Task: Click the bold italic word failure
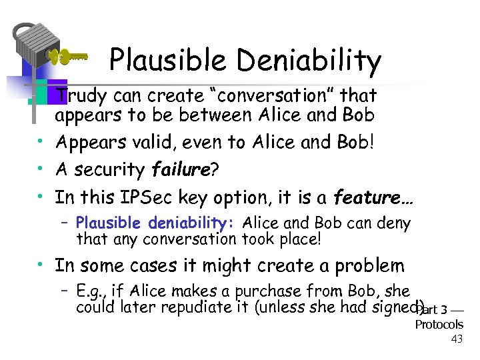181,170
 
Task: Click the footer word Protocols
439,325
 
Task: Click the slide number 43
457,339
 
